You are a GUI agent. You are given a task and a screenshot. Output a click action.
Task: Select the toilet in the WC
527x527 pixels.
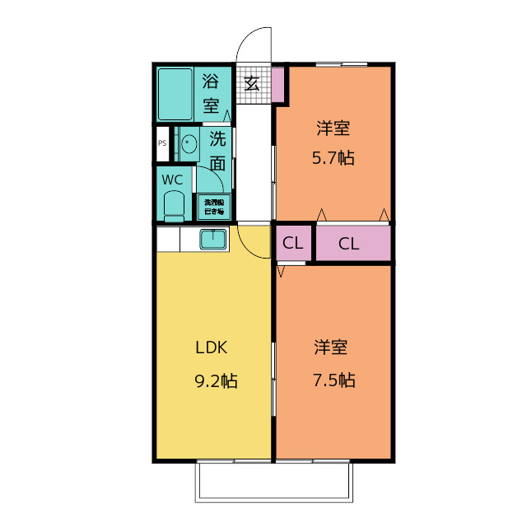tap(174, 205)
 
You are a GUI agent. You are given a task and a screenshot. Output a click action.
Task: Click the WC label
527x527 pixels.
tap(172, 180)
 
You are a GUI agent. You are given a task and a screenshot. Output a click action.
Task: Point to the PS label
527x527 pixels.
tap(162, 143)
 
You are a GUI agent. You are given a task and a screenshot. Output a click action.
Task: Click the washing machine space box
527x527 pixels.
tap(213, 207)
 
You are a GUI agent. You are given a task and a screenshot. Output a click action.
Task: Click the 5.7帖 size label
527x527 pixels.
tap(333, 158)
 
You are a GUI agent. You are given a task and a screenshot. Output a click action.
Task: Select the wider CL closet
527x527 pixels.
tap(349, 244)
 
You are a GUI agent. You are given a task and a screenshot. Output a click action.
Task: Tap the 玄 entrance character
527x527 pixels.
tap(252, 83)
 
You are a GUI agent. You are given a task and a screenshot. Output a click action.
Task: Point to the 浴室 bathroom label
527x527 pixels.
tap(212, 93)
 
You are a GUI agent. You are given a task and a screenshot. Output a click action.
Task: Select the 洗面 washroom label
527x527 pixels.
tap(217, 150)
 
